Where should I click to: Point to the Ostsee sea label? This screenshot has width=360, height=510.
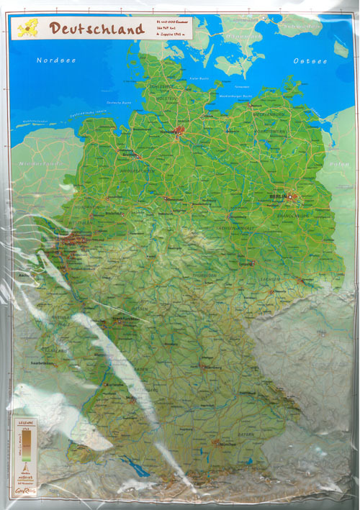310,61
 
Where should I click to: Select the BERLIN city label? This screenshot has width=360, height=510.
277,196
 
